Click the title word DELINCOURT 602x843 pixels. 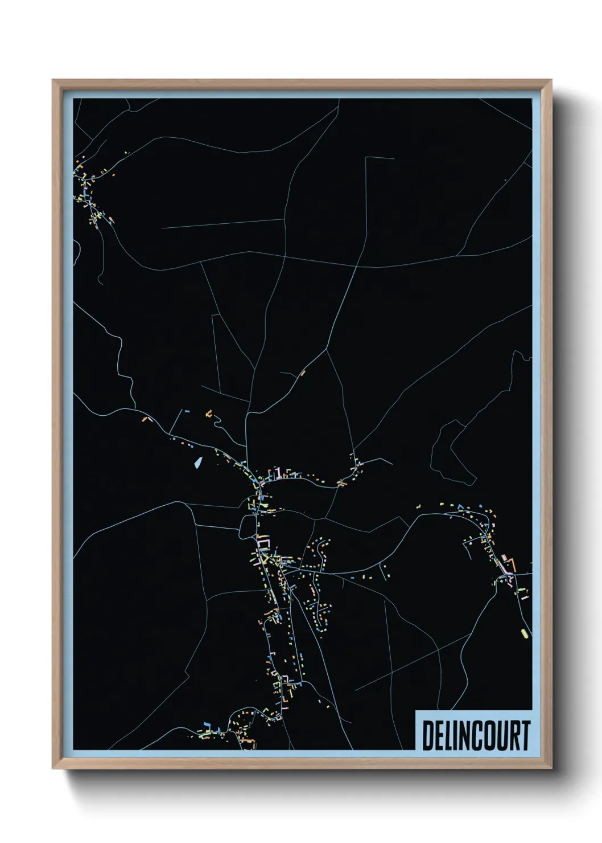click(476, 735)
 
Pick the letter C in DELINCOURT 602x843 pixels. click(477, 735)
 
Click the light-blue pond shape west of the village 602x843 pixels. click(197, 463)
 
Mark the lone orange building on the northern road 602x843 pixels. click(303, 373)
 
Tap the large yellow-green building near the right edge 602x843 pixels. click(524, 632)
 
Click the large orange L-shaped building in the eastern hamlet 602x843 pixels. click(511, 566)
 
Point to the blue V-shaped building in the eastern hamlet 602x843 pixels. click(460, 506)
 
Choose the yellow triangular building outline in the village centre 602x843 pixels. click(265, 560)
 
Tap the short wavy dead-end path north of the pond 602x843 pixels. click(217, 422)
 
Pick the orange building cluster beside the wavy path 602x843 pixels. click(209, 412)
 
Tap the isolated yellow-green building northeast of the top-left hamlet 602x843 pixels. click(126, 153)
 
